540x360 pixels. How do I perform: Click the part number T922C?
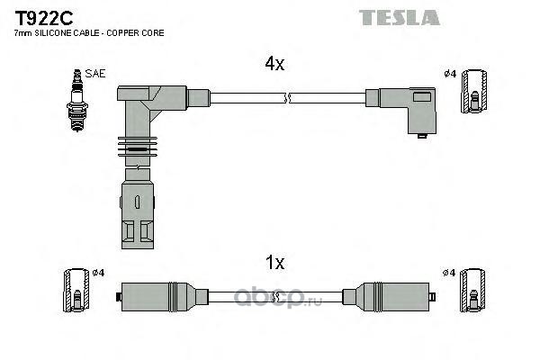point(43,18)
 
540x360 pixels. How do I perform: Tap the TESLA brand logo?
point(399,17)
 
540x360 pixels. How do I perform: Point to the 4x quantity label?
point(274,63)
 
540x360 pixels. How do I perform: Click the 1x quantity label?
point(274,263)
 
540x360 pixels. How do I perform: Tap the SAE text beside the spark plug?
point(95,74)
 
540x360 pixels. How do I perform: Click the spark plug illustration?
point(77,100)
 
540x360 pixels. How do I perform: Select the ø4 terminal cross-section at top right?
point(474,91)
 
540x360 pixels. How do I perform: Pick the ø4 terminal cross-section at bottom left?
point(76,290)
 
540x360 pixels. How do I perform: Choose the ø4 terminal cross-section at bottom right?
point(472,290)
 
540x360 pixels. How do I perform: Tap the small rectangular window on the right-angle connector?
point(421,97)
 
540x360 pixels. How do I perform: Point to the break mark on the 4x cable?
point(288,98)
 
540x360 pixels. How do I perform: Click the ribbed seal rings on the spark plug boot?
point(138,147)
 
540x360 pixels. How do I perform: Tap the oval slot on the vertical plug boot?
point(137,202)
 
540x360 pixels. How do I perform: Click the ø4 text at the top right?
point(450,74)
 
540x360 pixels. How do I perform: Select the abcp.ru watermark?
point(278,297)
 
